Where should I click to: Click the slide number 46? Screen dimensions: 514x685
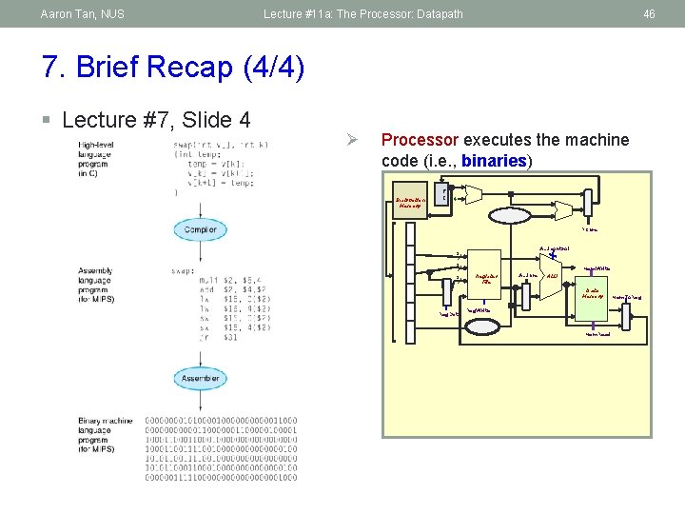tap(650, 14)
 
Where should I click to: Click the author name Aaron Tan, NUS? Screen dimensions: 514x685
tap(83, 14)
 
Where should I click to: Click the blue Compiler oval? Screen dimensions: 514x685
tap(200, 229)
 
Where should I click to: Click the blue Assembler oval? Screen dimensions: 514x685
tap(200, 379)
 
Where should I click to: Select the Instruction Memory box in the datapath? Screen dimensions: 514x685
tap(411, 201)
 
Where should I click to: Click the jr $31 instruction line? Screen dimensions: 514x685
tap(195, 338)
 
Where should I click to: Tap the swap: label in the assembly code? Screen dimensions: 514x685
tap(185, 271)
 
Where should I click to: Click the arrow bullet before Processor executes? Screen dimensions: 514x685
tap(350, 141)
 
